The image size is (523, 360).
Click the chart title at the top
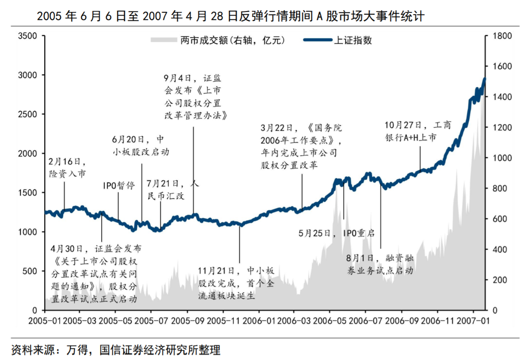click(231, 17)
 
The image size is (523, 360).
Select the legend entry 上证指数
click(352, 40)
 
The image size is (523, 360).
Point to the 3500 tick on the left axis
click(27, 36)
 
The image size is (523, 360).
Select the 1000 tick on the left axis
click(27, 232)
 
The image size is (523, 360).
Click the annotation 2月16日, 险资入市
click(67, 167)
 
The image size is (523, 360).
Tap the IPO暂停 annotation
click(118, 185)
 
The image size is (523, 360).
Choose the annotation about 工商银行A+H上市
click(417, 131)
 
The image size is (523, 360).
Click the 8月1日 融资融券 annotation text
click(380, 264)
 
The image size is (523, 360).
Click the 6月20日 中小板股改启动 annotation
click(140, 146)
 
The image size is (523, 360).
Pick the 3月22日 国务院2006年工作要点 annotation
click(300, 147)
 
